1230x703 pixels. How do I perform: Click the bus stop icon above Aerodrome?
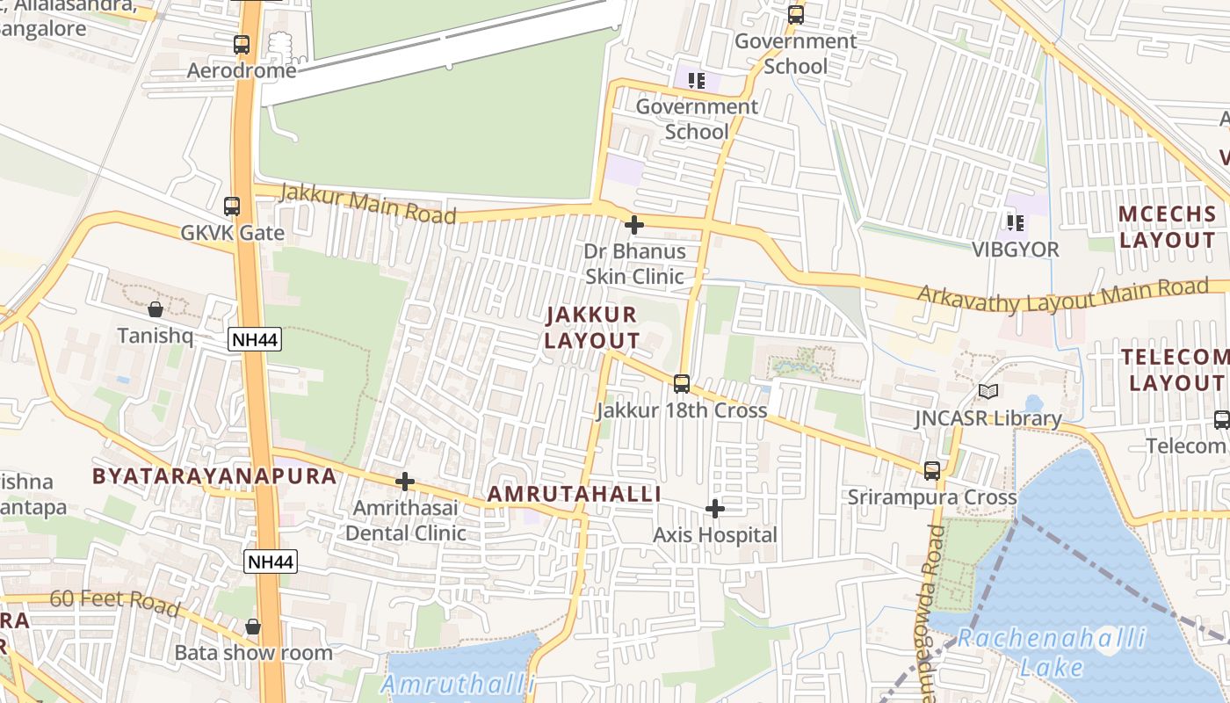click(242, 44)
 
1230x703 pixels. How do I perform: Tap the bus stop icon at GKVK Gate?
click(232, 207)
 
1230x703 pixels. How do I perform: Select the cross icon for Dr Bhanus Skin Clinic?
click(633, 225)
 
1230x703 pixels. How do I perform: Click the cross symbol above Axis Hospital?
click(715, 509)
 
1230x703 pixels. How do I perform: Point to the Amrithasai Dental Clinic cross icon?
click(405, 482)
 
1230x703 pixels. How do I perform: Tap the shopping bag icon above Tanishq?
click(156, 309)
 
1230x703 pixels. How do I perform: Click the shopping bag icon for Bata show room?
click(253, 627)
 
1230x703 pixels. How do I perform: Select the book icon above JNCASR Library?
click(988, 392)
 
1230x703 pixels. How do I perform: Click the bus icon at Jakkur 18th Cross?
click(682, 384)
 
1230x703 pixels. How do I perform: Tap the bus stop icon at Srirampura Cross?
click(932, 470)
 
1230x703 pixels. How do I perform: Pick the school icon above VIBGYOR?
click(1016, 223)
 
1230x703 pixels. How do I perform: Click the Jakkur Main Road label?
click(367, 204)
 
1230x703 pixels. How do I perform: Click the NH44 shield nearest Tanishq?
click(255, 340)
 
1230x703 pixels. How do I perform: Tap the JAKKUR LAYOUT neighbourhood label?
click(591, 328)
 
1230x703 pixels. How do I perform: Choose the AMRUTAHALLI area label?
click(575, 494)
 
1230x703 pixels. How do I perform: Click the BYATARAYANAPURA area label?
click(214, 476)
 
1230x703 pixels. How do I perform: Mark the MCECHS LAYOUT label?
click(1168, 227)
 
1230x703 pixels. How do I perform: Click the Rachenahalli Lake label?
click(1052, 651)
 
